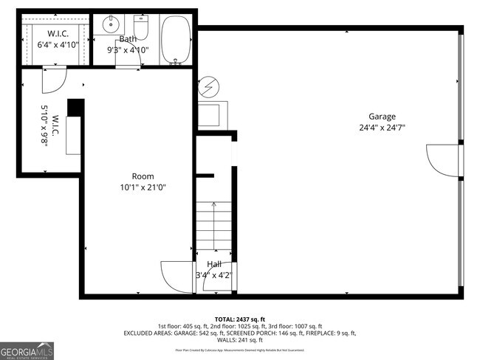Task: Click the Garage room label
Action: click(383, 116)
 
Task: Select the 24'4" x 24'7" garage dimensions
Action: click(383, 127)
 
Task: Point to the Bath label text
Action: click(128, 38)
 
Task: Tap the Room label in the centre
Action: click(143, 176)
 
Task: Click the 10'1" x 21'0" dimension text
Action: click(143, 187)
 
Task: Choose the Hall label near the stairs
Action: click(214, 264)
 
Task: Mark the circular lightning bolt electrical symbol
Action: click(209, 88)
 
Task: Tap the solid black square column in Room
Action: click(75, 108)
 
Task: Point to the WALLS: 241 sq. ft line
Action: click(240, 341)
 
